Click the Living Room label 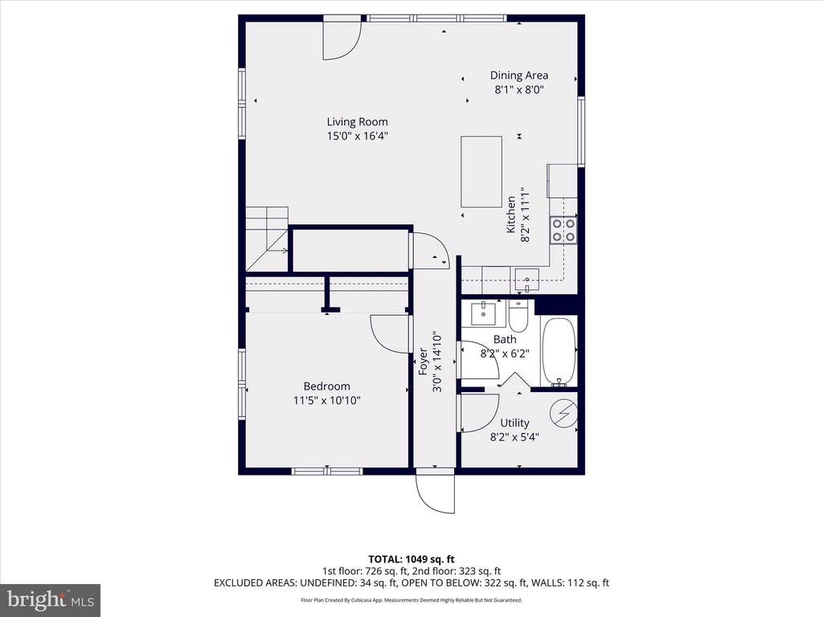[357, 122]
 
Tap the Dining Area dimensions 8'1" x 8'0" [518, 90]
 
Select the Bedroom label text [326, 386]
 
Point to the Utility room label [514, 423]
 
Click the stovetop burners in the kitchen [563, 231]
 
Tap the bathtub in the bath [559, 351]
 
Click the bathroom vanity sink [483, 313]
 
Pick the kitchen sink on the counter [526, 280]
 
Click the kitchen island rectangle [481, 172]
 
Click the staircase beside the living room [267, 239]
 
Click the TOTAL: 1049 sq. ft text [411, 559]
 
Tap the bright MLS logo [51, 600]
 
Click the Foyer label [423, 362]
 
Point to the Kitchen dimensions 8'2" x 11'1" [525, 215]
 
